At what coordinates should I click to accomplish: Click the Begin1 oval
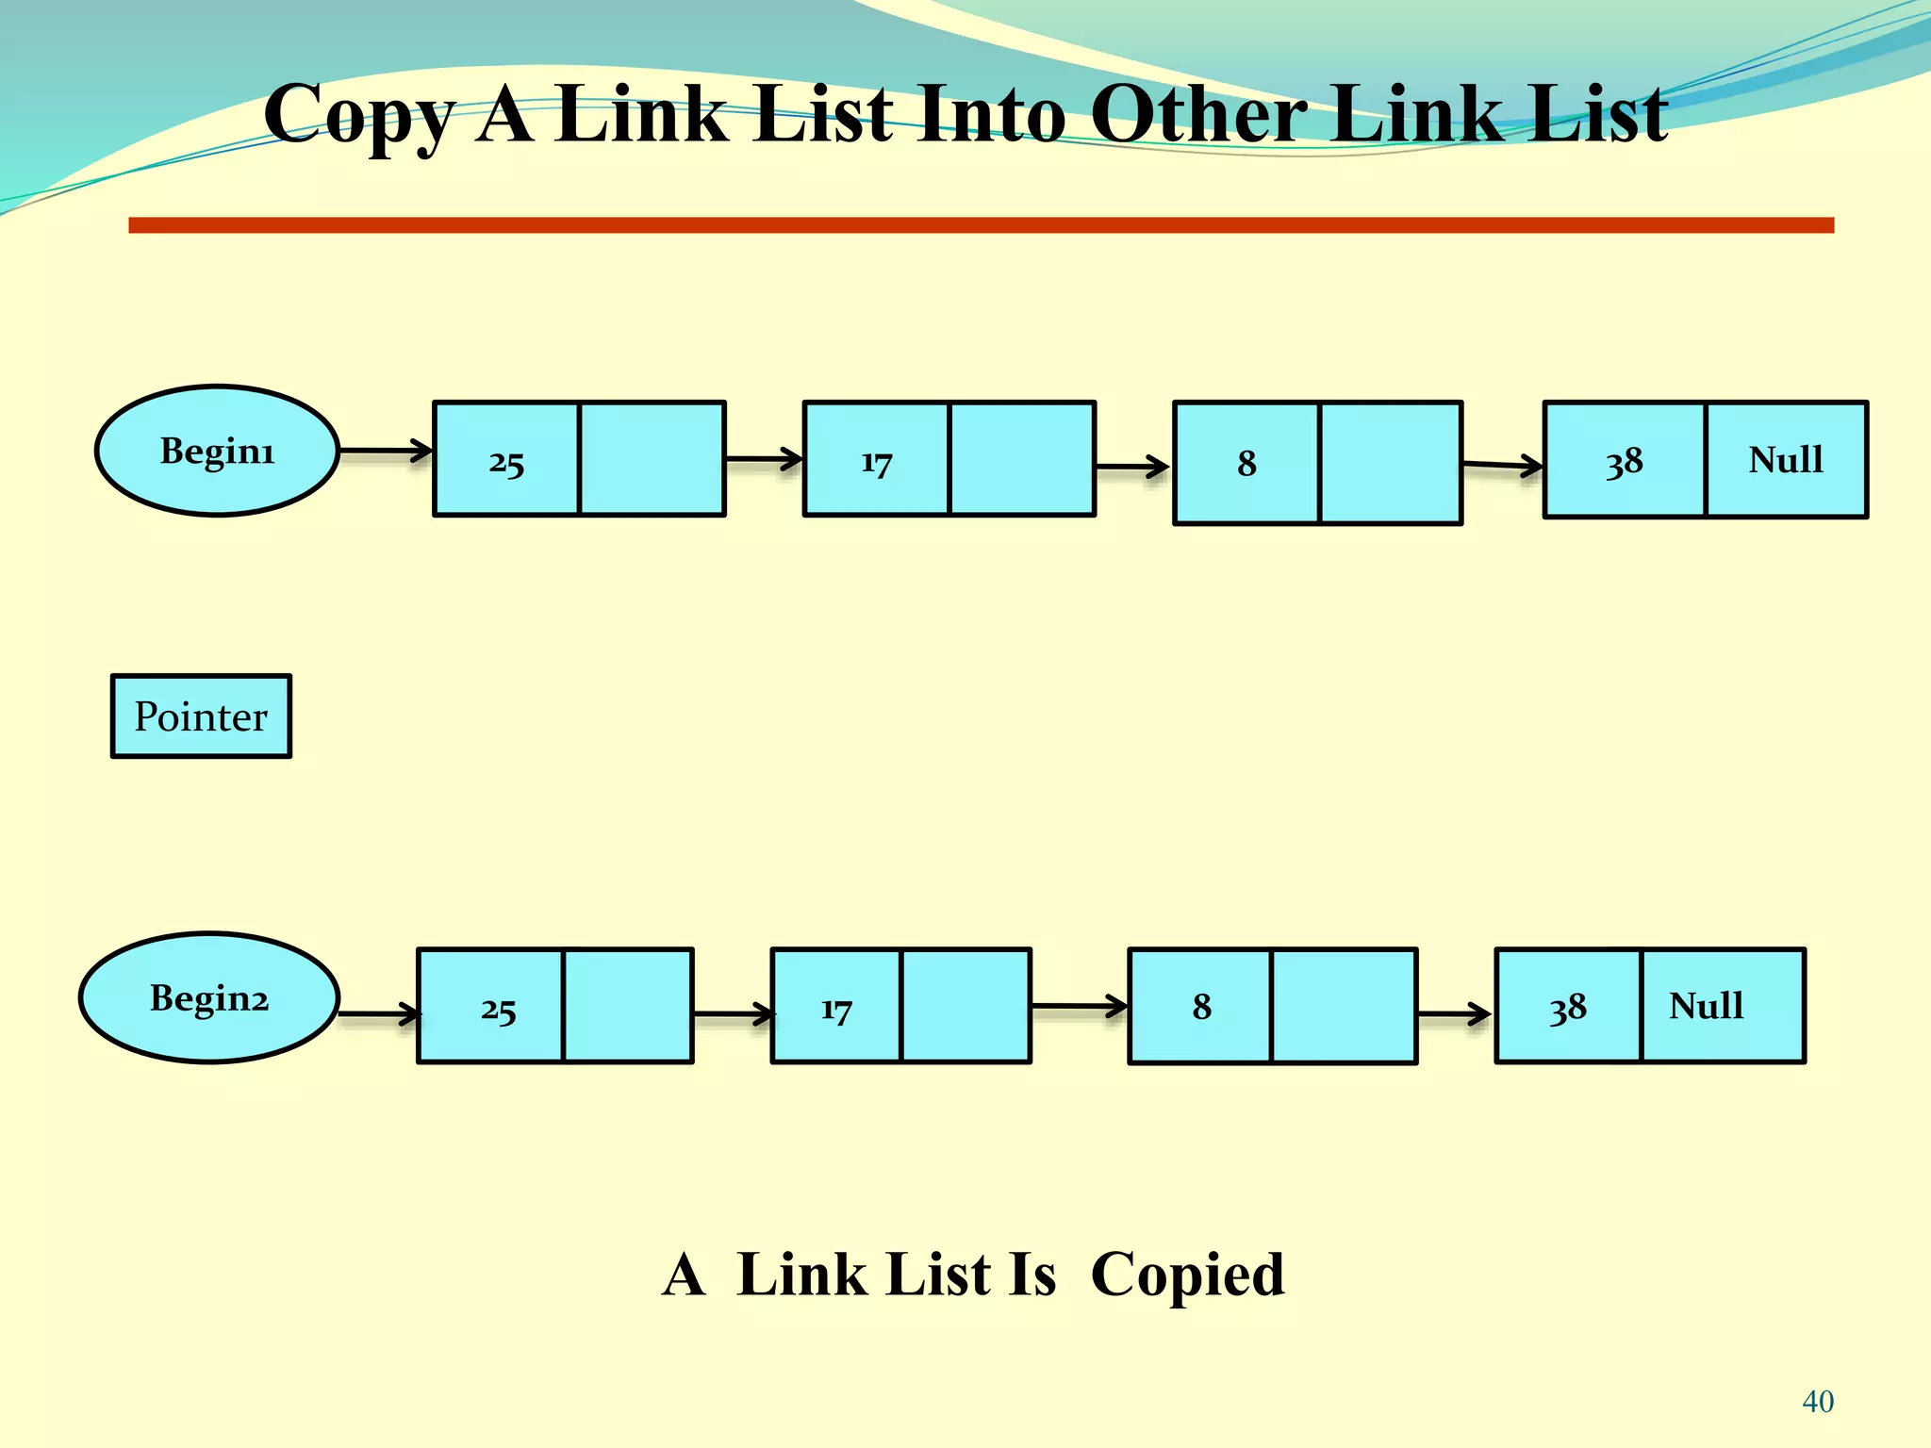(217, 451)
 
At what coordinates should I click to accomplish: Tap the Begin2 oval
(208, 997)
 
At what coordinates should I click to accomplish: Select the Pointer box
(201, 716)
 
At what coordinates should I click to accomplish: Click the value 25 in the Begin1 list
(506, 462)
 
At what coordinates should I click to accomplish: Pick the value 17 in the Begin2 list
(836, 1009)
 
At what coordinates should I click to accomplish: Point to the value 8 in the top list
(1246, 463)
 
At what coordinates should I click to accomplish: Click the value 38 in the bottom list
(1568, 1008)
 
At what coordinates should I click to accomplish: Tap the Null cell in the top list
(1786, 460)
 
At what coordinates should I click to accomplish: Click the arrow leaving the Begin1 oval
(385, 452)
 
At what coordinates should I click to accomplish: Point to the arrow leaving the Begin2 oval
(378, 1014)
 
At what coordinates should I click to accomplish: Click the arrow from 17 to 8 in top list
(1132, 466)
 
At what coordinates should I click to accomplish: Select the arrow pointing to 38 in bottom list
(1455, 1014)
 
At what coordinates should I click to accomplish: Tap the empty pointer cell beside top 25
(652, 459)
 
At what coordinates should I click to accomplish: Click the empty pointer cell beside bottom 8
(1343, 1006)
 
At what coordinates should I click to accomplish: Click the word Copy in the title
(359, 115)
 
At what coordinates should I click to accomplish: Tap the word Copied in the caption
(1187, 1275)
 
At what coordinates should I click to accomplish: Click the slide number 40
(1818, 1402)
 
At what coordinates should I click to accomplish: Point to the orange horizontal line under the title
(981, 225)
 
